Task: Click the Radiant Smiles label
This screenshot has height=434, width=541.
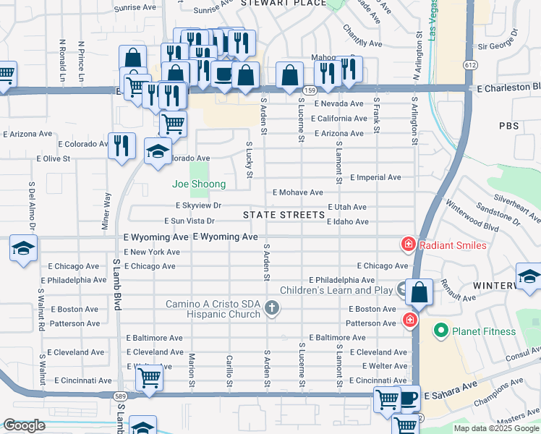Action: pyautogui.click(x=453, y=245)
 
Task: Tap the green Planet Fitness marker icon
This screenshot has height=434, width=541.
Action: pyautogui.click(x=439, y=331)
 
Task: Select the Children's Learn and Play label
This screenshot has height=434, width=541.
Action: pyautogui.click(x=331, y=291)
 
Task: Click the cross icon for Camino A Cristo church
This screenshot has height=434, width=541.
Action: pyautogui.click(x=272, y=309)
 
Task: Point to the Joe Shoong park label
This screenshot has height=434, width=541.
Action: pyautogui.click(x=198, y=184)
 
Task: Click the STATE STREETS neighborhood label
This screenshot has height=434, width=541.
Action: pyautogui.click(x=284, y=215)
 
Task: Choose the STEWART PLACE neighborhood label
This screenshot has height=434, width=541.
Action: pyautogui.click(x=278, y=4)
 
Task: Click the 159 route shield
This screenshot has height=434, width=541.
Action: pyautogui.click(x=310, y=90)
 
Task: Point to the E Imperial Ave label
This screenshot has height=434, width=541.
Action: pyautogui.click(x=375, y=177)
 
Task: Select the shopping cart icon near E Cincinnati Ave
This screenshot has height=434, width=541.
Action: pyautogui.click(x=149, y=377)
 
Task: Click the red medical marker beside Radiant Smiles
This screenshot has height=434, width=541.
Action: pyautogui.click(x=409, y=245)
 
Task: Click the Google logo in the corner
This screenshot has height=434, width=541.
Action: pyautogui.click(x=25, y=425)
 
